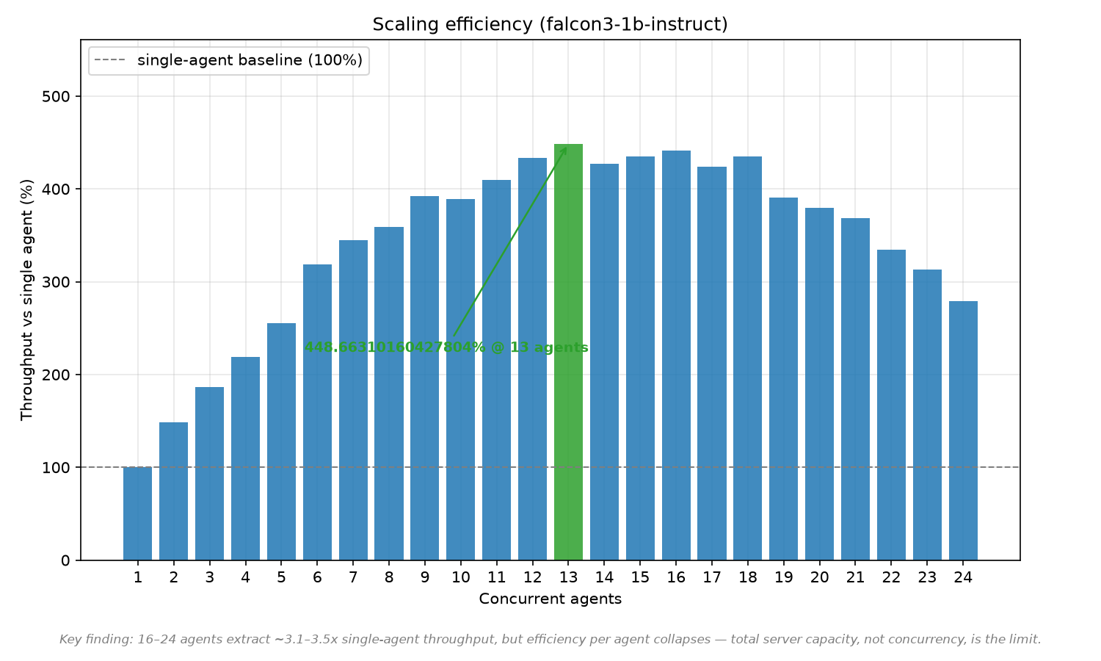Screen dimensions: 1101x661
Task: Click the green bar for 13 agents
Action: [x=568, y=352]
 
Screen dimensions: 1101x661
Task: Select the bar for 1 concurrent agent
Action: [x=138, y=513]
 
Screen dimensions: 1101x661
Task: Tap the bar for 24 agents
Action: [x=963, y=431]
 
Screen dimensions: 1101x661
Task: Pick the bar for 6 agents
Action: [x=317, y=412]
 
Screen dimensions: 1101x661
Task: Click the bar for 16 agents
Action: [x=676, y=355]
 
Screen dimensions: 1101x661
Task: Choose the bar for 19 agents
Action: [x=783, y=379]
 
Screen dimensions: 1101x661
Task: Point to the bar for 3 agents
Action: [x=209, y=474]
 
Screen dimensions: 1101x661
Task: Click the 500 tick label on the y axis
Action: [x=56, y=96]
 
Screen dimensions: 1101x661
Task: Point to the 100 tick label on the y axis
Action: [x=56, y=468]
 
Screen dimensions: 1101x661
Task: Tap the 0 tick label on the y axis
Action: [x=65, y=560]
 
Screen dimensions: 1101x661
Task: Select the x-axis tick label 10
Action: [x=460, y=577]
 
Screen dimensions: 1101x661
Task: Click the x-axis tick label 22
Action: [x=891, y=577]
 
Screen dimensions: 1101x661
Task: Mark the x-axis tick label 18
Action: [x=748, y=577]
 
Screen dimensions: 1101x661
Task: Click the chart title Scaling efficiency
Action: [x=550, y=24]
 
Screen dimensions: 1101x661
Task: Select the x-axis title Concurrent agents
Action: [x=550, y=599]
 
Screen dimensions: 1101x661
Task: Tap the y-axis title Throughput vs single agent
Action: [x=26, y=300]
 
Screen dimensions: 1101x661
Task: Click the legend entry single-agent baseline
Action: [x=228, y=60]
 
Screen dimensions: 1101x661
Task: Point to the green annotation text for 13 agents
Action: [x=446, y=347]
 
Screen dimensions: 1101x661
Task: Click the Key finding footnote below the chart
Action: [x=550, y=640]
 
